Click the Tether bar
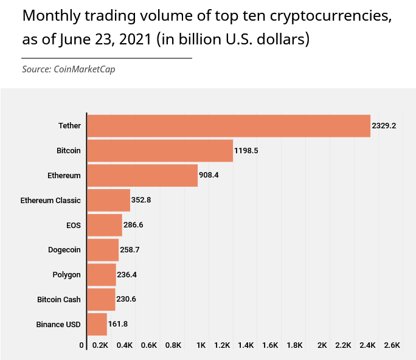(229, 126)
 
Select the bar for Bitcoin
(160, 150)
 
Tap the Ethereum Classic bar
(109, 200)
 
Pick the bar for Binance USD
(97, 324)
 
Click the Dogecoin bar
(103, 250)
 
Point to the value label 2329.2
(384, 126)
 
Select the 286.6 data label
(134, 225)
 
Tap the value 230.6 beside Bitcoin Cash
(127, 299)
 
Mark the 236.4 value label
(127, 275)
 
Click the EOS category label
(74, 225)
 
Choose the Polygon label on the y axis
(67, 275)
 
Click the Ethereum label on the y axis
(64, 175)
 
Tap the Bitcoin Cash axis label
(59, 299)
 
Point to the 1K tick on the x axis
(201, 345)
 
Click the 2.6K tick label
(392, 345)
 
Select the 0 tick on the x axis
(82, 345)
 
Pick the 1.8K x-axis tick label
(294, 345)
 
